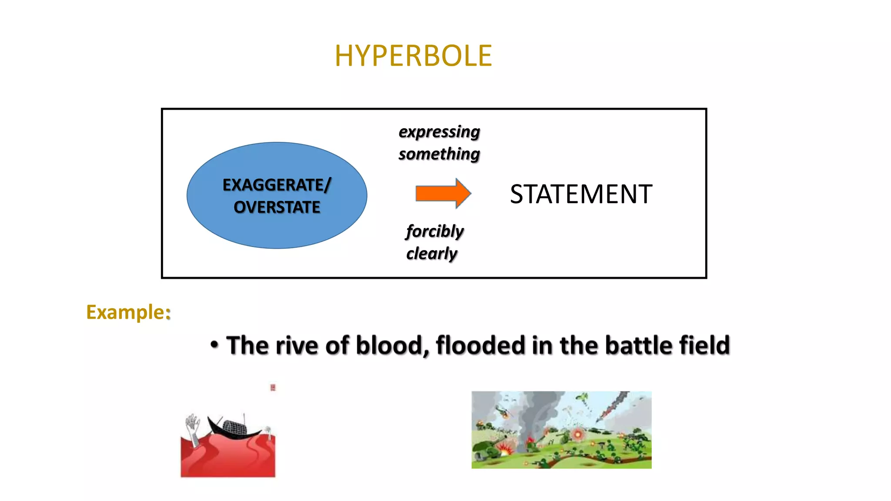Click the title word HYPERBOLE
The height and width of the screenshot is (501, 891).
coord(413,56)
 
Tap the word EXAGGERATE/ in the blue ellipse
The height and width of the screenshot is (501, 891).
coord(277,185)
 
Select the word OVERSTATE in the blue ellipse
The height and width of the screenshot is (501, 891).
coord(277,207)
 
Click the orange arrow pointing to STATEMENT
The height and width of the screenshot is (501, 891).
coord(443,193)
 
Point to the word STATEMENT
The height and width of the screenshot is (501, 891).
coord(581,194)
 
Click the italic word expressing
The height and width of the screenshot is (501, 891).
coord(439,132)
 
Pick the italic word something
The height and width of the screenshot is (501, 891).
coord(439,154)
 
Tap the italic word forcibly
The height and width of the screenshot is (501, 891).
coord(435,231)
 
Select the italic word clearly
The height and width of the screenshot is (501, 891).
coord(432,254)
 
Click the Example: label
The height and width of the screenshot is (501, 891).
coord(128,312)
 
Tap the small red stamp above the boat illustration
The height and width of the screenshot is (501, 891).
coord(273,387)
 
